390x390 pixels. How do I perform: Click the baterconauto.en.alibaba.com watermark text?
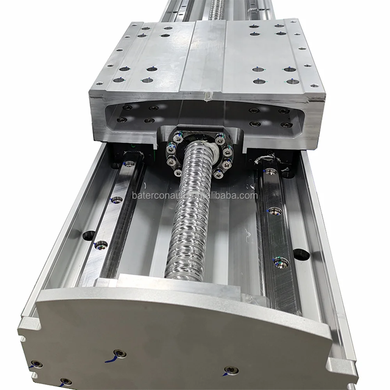click(195, 196)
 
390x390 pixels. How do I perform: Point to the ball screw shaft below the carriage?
click(190, 211)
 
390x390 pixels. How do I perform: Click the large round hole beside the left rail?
click(89, 235)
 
